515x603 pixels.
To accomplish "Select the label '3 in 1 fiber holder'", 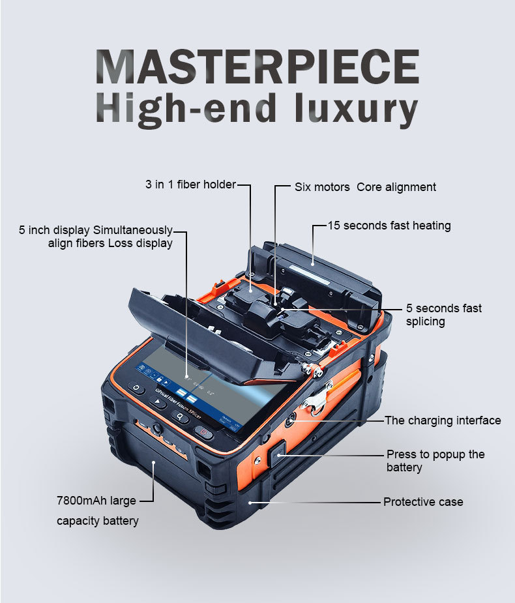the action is point(190,184).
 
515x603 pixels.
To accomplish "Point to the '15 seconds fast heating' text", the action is point(389,226).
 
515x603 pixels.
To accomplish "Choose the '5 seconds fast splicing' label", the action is point(443,314).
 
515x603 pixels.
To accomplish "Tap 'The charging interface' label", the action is point(443,420).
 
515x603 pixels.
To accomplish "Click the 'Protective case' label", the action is point(423,502).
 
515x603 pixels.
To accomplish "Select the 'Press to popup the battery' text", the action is point(435,460).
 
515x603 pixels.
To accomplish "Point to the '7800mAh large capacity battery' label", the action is point(96,510).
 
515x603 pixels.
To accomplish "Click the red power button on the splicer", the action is point(205,434).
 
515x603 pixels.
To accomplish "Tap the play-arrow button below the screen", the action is point(158,402).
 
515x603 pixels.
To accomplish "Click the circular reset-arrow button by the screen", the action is point(136,389).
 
